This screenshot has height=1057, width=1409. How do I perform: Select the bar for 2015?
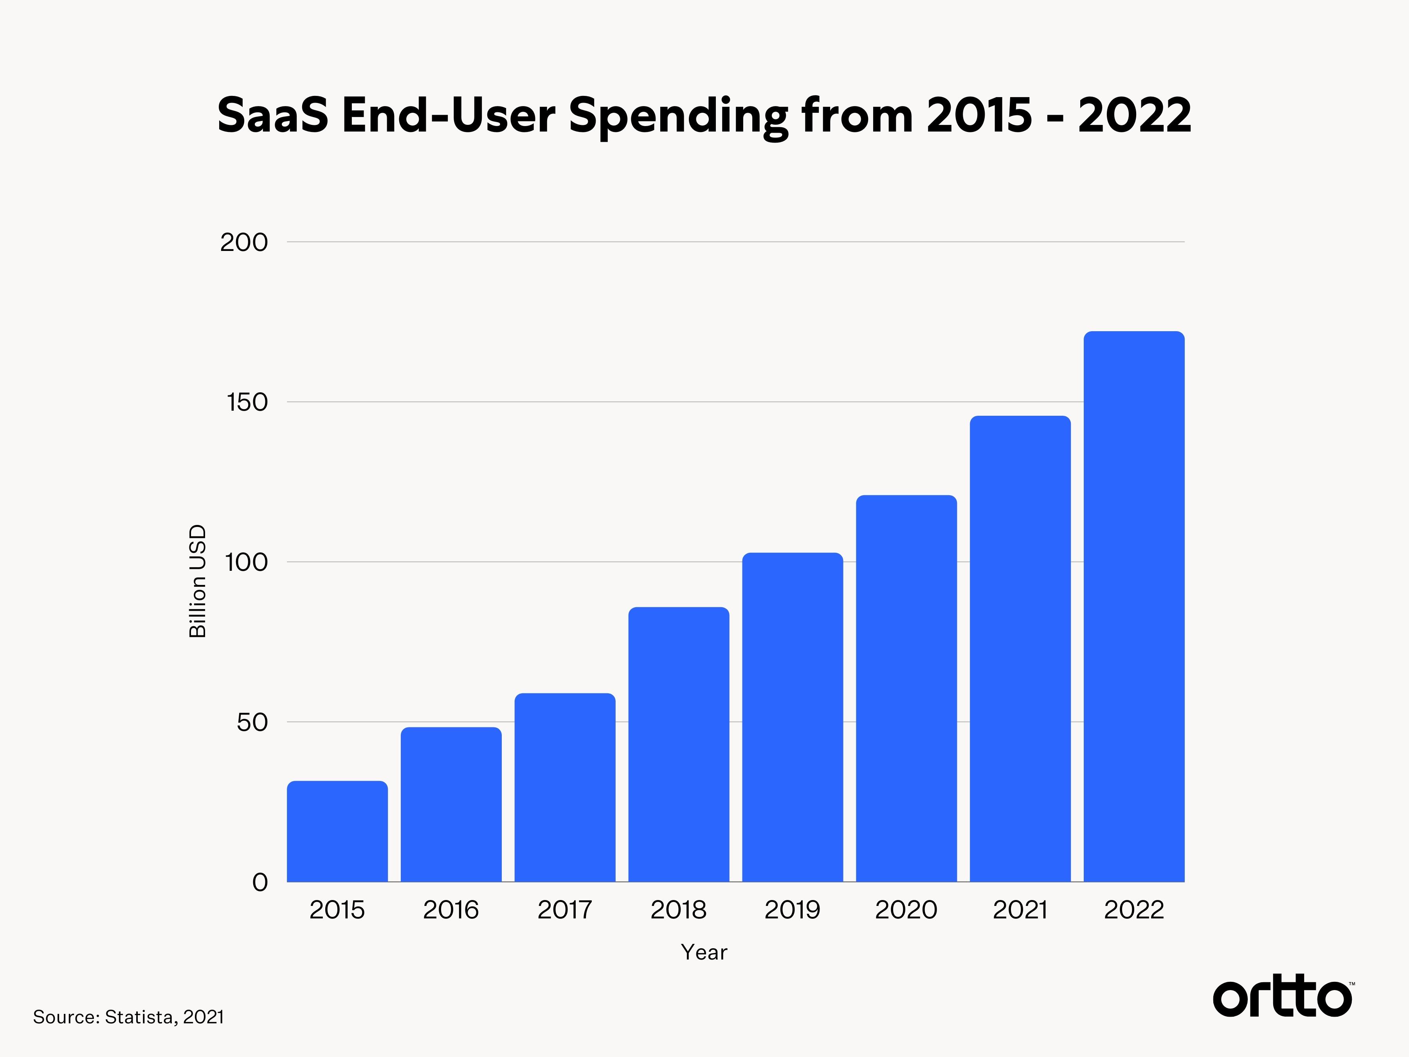pyautogui.click(x=337, y=832)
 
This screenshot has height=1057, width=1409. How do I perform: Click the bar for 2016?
pyautogui.click(x=451, y=805)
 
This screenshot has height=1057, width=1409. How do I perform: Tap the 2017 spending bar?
pyautogui.click(x=565, y=788)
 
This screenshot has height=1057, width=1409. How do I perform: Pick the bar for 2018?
pyautogui.click(x=678, y=744)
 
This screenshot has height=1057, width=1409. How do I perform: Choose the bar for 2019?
pyautogui.click(x=793, y=718)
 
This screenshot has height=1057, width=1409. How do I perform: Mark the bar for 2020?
pyautogui.click(x=906, y=689)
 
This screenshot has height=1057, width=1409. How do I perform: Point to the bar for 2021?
pyautogui.click(x=1020, y=649)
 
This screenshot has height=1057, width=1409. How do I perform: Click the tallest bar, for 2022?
pyautogui.click(x=1134, y=606)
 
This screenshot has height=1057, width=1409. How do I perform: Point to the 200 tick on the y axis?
pyautogui.click(x=244, y=242)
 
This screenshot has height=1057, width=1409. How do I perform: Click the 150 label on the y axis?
pyautogui.click(x=247, y=402)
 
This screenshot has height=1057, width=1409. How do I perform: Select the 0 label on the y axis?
pyautogui.click(x=260, y=882)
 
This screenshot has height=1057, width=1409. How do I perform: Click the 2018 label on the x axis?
pyautogui.click(x=678, y=910)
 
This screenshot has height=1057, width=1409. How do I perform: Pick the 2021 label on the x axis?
pyautogui.click(x=1020, y=910)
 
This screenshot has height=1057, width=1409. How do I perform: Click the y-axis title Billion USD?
pyautogui.click(x=198, y=581)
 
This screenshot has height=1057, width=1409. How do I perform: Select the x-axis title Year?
pyautogui.click(x=704, y=952)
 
